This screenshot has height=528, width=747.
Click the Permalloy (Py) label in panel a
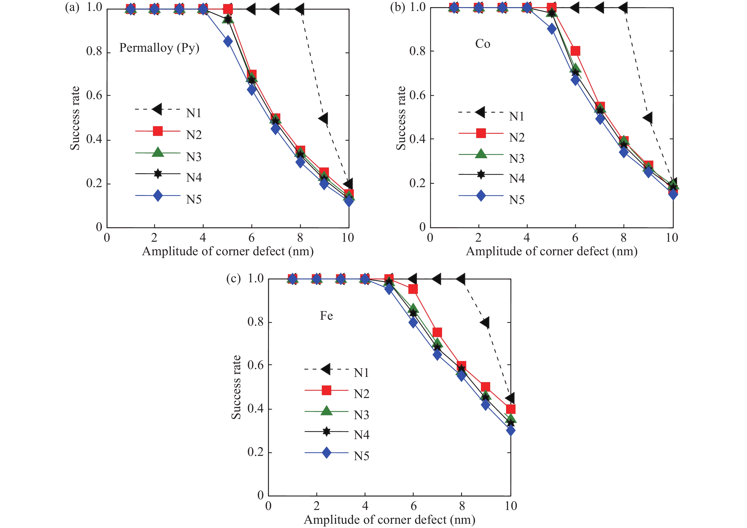(x=159, y=48)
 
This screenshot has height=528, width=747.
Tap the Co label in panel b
(x=483, y=44)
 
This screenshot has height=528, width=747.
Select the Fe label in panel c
(x=326, y=315)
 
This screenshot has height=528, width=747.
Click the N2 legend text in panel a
(x=194, y=135)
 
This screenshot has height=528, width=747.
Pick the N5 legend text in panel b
(x=517, y=200)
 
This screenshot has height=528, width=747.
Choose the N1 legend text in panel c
(x=361, y=372)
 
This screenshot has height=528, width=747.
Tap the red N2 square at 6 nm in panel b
(x=575, y=51)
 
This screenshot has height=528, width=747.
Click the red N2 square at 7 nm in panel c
(x=437, y=332)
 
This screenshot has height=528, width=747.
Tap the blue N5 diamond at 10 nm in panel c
(x=511, y=431)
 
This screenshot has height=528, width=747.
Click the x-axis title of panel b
(x=551, y=251)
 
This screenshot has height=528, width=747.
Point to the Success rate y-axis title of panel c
(x=236, y=387)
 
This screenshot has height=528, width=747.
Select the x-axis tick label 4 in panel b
(x=526, y=238)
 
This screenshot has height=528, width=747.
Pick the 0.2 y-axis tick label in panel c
(x=255, y=452)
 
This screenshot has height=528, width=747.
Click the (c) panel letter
(x=233, y=279)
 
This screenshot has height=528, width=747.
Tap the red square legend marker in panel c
(x=326, y=390)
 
